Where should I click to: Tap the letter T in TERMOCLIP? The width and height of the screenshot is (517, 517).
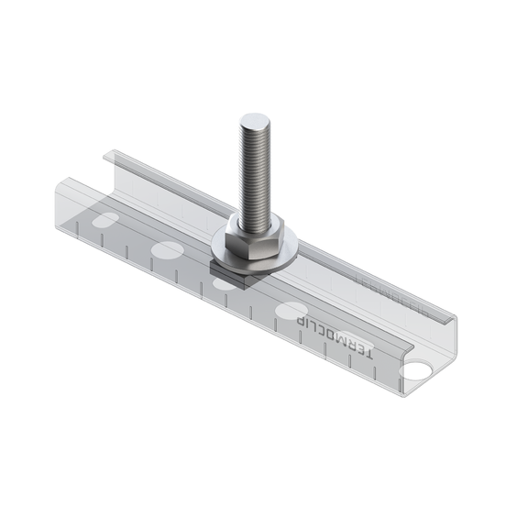[368, 354]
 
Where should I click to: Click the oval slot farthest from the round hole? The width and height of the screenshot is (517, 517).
[104, 220]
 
